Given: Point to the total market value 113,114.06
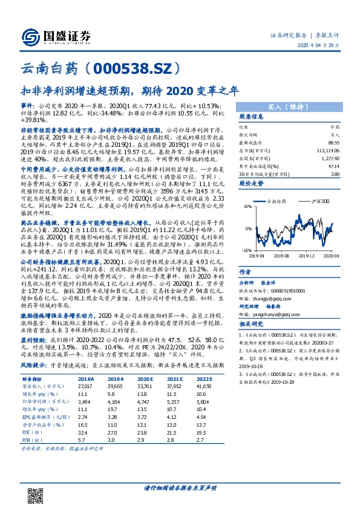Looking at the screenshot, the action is pyautogui.click(x=326, y=151).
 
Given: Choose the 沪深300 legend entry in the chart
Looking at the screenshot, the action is pyautogui.click(x=319, y=199).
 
